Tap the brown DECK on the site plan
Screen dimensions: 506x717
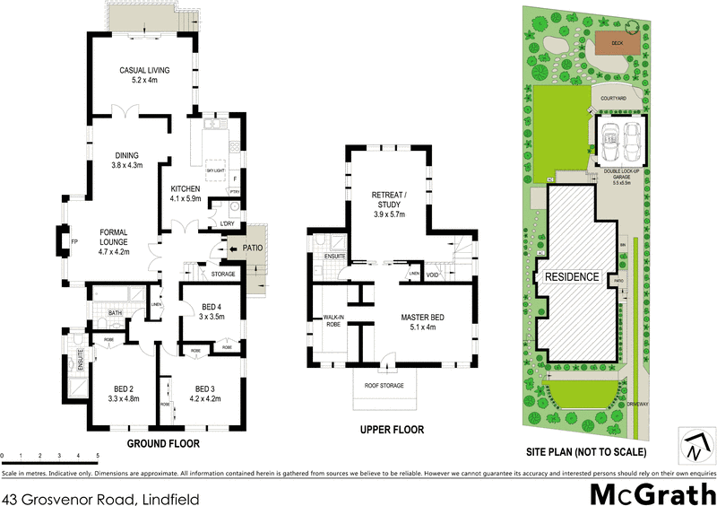(617, 42)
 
